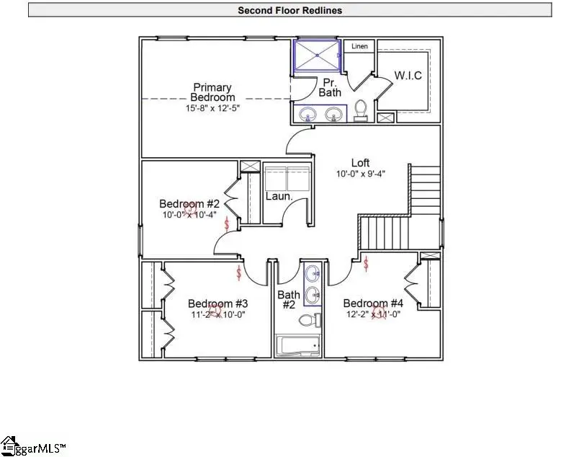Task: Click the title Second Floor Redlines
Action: coord(289,10)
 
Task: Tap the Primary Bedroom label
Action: coord(212,92)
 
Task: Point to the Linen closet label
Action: coord(359,47)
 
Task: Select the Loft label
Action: coord(361,162)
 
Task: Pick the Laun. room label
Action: coord(279,196)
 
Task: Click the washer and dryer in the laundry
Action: coord(287,178)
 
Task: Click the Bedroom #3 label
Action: coord(217,303)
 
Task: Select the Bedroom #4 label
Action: coord(372,303)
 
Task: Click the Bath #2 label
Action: coord(288,299)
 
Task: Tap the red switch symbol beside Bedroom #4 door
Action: coord(366,265)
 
